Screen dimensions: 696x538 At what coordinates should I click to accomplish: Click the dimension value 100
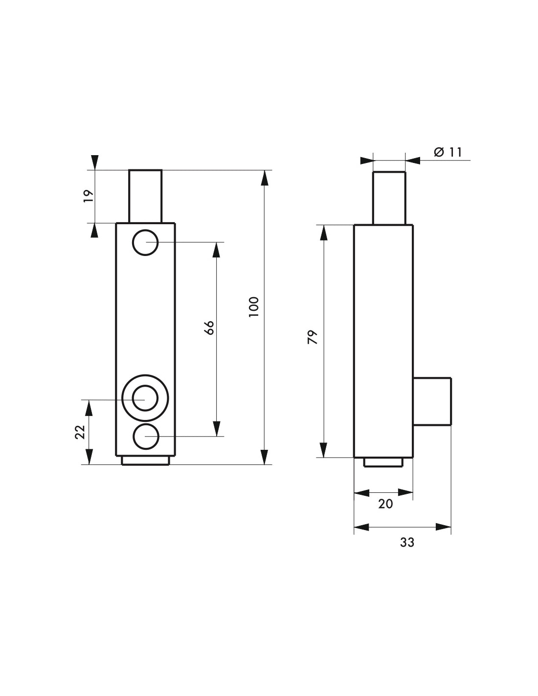(x=253, y=307)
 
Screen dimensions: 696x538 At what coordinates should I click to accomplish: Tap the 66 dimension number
(x=209, y=327)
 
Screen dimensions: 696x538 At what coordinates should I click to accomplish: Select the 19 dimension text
(x=88, y=196)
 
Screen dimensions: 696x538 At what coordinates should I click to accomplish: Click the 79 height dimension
(x=313, y=337)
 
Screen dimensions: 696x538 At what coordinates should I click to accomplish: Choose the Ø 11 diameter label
(x=448, y=152)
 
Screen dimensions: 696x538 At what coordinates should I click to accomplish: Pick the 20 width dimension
(x=385, y=504)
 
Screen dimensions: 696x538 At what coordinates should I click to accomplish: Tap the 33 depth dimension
(x=407, y=542)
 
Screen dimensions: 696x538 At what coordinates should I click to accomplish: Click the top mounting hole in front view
(x=145, y=242)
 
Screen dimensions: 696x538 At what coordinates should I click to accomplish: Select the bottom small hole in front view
(x=145, y=437)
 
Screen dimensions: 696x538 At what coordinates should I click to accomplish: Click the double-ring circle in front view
(x=145, y=398)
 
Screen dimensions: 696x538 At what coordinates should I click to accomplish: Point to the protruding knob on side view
(x=431, y=401)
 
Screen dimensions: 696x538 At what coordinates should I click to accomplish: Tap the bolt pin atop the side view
(x=389, y=198)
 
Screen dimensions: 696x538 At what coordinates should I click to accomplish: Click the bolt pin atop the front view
(x=145, y=196)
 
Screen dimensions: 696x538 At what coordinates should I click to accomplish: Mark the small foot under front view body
(x=145, y=461)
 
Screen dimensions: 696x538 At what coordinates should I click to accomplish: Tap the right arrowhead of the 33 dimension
(x=443, y=527)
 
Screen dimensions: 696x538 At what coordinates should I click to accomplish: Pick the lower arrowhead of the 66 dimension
(x=217, y=428)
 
